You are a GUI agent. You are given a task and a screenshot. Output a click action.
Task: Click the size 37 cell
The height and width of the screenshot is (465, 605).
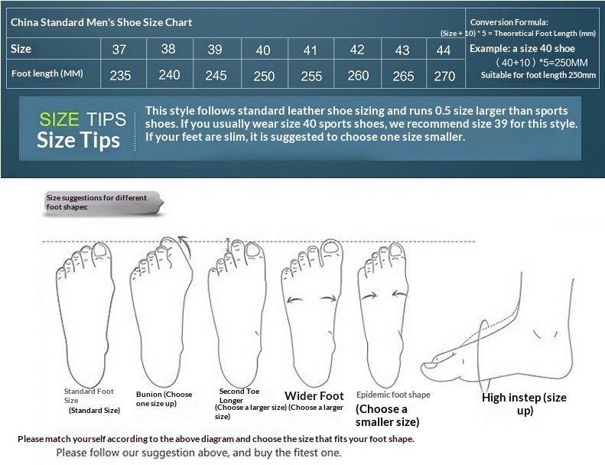[x=119, y=50]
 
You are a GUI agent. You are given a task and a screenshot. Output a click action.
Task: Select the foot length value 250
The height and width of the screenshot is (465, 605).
[x=264, y=76]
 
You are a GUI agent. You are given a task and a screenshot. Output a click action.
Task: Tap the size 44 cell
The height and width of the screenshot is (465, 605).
[x=444, y=50]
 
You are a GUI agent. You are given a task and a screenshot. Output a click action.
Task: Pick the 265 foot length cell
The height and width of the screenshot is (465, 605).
[x=403, y=76]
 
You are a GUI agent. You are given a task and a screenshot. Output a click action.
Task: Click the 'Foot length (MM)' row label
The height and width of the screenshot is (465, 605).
[x=47, y=73]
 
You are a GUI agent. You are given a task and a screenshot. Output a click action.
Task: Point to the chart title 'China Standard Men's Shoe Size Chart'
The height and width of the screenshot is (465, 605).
[x=101, y=22]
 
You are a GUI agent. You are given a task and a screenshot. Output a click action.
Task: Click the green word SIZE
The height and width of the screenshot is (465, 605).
[x=59, y=119]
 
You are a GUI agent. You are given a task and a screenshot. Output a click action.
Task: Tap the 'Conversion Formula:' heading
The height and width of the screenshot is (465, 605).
[x=509, y=22]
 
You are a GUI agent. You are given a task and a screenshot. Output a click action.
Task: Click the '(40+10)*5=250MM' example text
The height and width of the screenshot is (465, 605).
[x=542, y=63]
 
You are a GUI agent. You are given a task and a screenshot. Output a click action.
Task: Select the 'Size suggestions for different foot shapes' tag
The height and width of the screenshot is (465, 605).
[x=103, y=203]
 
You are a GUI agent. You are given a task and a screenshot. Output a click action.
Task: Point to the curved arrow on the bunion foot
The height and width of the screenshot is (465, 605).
[x=186, y=246]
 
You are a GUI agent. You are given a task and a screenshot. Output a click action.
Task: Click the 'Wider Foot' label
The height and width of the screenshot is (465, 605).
[x=314, y=396]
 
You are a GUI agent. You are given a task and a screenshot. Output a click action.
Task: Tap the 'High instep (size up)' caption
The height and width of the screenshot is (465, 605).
[x=525, y=403]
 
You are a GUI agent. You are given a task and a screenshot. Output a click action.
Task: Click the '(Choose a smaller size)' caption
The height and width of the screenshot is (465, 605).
[x=387, y=415]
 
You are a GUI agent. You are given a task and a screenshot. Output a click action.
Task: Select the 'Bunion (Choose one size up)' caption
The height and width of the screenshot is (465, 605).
[x=164, y=399]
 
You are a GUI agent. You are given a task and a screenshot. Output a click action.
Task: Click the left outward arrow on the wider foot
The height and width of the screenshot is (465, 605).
[x=294, y=300]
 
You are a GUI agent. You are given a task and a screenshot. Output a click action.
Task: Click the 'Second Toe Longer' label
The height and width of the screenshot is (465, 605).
[x=239, y=396]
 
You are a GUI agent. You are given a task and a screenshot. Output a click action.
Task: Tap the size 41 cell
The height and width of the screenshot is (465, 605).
[x=311, y=50]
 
